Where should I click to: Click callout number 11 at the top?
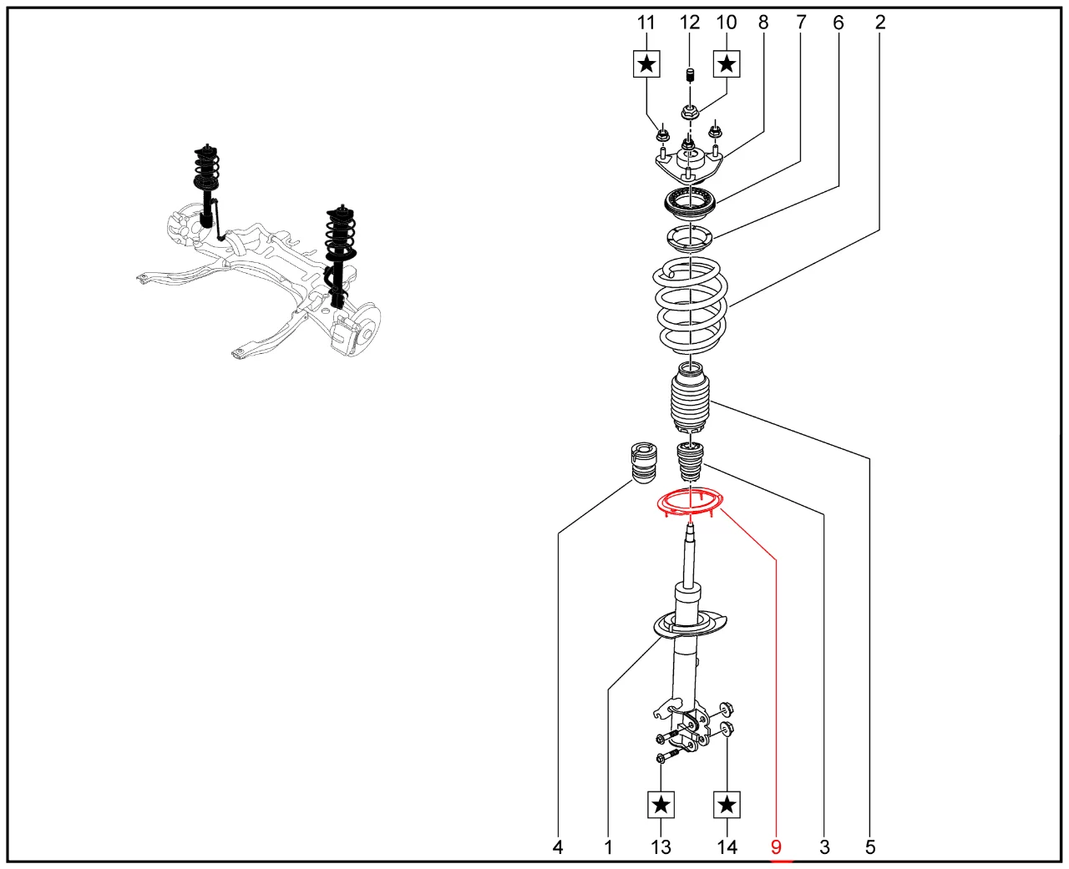coord(646,23)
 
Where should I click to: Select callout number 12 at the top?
coord(690,23)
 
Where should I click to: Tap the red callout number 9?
coord(776,847)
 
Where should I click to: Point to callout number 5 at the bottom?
coord(870,847)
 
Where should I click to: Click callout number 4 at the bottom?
coord(558,847)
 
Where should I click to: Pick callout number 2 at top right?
coord(880,23)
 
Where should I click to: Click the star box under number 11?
coord(647,63)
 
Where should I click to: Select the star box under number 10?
coord(727,63)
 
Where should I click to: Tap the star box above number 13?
coord(661,805)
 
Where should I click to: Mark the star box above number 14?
coord(727,805)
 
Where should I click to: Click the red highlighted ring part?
coord(691,503)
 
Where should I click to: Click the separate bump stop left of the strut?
coord(641,462)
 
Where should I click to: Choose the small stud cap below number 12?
coord(690,76)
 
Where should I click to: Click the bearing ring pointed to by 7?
coord(690,201)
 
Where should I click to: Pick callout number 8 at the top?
coord(763,23)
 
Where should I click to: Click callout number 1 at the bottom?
coord(608,847)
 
